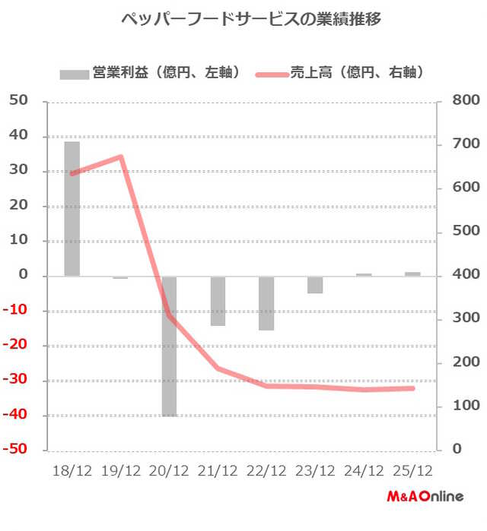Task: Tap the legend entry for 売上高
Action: coord(343,73)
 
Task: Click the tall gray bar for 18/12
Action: coord(72,209)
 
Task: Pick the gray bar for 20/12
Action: coord(169,346)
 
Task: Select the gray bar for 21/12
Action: coord(218,301)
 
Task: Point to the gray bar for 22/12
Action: coord(266,303)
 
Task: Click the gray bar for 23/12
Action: coord(315,284)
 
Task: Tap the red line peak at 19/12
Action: coord(121,156)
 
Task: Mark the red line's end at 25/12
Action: coord(412,388)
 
